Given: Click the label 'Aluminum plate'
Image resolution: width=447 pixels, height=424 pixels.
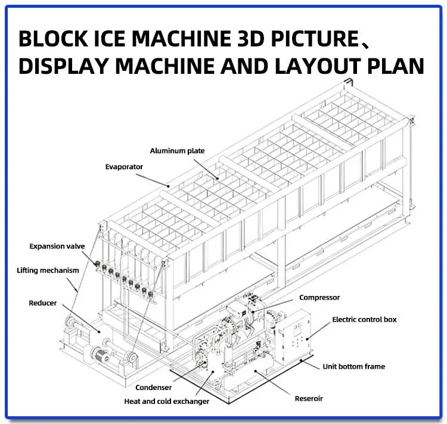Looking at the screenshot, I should pos(177,151).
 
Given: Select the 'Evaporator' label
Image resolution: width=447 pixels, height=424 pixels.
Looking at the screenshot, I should pos(124,167).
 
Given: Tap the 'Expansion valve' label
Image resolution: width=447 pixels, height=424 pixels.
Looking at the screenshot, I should pos(57,245).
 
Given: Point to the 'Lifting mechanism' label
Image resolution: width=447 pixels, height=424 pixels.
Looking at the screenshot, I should pos(48,270).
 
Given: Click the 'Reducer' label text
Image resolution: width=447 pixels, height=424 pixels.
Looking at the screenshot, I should pos(43,303).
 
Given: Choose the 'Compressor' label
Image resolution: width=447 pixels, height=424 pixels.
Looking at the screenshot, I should pos(319,297).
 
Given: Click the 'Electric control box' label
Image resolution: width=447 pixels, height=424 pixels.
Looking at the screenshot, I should pos(364,319).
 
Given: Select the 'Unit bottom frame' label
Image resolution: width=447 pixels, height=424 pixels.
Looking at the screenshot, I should pos(354,366).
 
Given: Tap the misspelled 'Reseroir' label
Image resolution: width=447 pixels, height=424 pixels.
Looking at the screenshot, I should pos(309,398).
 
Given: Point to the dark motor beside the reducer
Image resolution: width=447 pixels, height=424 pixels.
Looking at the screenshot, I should pos(101,355).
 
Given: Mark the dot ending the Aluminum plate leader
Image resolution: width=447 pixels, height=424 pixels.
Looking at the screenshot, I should pos(218,177).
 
